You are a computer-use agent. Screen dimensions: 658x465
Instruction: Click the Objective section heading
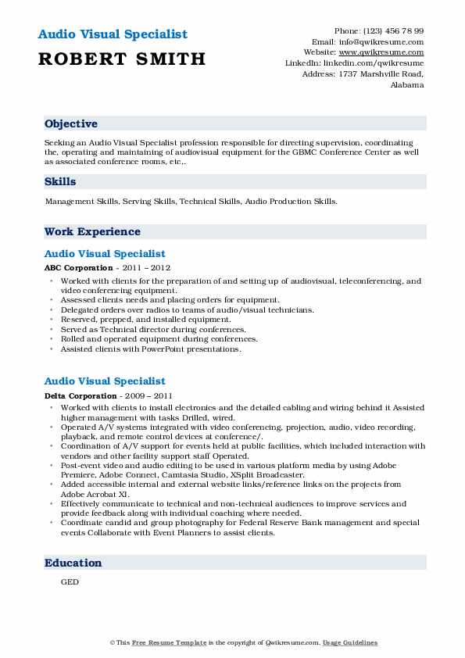coord(71,124)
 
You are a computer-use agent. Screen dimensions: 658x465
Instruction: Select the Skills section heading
coord(60,181)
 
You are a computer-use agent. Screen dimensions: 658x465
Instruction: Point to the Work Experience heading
coord(92,232)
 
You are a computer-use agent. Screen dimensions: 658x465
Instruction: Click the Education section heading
coord(73,563)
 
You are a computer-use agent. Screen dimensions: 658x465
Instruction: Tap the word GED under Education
coord(70,582)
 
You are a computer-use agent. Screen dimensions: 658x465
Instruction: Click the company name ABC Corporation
coord(79,266)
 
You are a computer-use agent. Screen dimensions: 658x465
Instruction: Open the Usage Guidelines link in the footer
coord(351,642)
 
